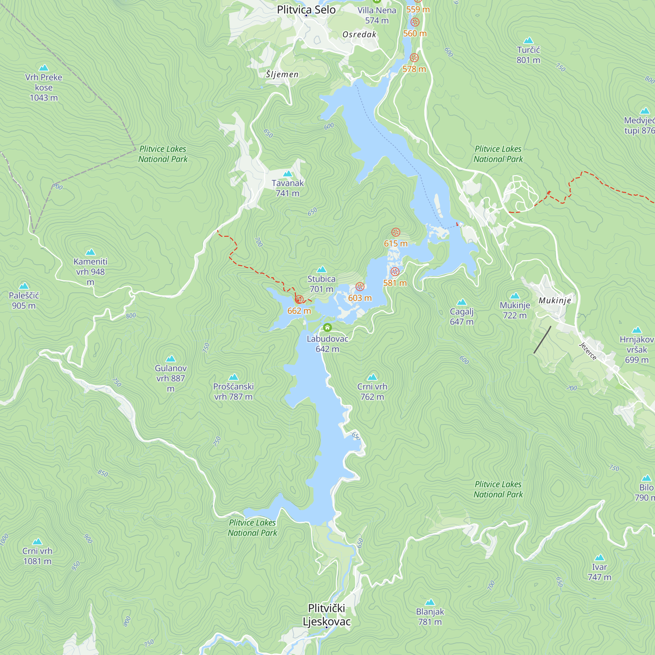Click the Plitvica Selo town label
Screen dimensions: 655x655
[306, 10]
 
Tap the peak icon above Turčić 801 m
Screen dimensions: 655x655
[528, 41]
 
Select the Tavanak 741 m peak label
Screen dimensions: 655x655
[288, 188]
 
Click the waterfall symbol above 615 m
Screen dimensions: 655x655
[396, 232]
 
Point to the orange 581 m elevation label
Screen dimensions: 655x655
[395, 283]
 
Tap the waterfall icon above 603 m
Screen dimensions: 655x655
[360, 287]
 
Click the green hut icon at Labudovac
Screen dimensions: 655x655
[327, 327]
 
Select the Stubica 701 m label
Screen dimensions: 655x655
[321, 284]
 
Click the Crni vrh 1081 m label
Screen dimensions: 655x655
[37, 556]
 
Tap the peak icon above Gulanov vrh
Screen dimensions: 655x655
[171, 359]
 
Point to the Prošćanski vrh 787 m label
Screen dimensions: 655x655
[233, 392]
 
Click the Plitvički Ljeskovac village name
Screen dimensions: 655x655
[327, 615]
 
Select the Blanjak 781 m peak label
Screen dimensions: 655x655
[430, 617]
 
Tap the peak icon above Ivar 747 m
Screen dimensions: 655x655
[599, 558]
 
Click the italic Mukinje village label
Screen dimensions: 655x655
[555, 300]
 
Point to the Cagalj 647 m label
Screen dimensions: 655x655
[461, 317]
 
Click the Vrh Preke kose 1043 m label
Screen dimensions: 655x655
[44, 87]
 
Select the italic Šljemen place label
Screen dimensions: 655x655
[282, 74]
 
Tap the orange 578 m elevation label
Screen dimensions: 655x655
[414, 69]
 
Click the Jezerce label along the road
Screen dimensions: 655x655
[588, 351]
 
